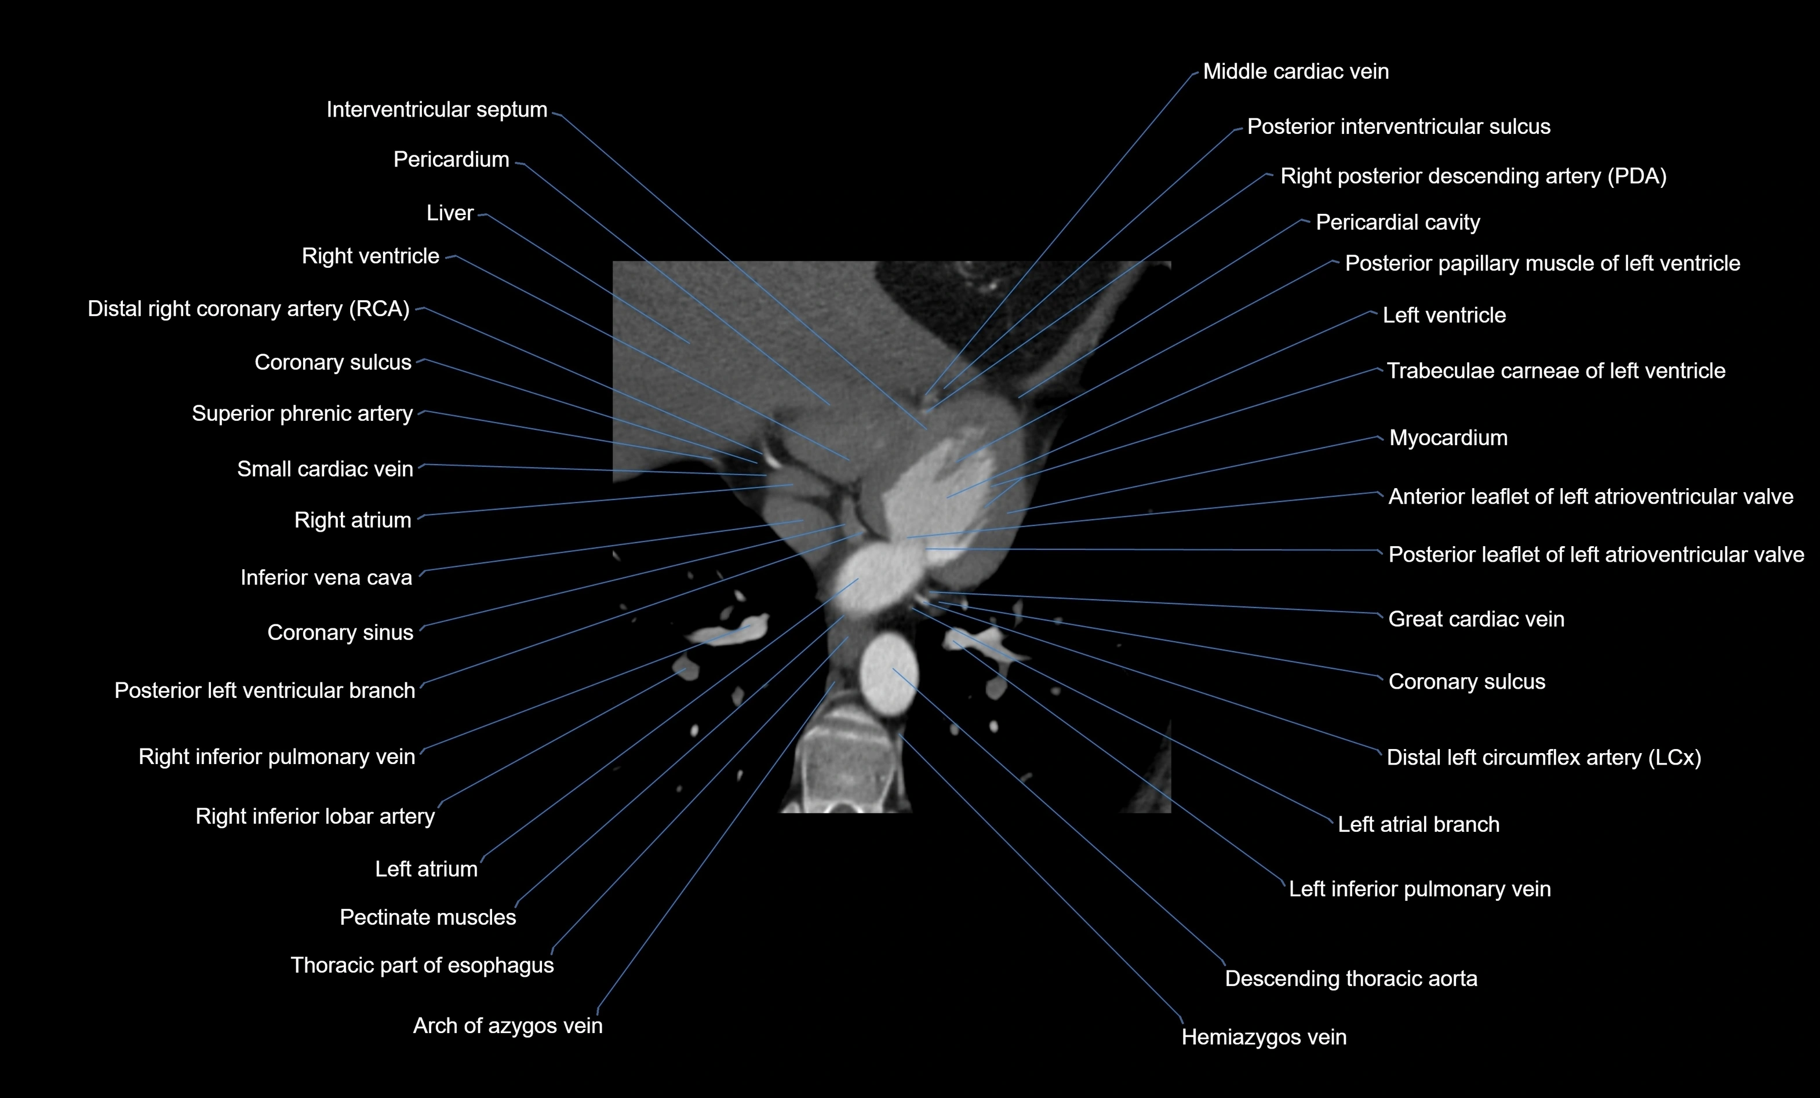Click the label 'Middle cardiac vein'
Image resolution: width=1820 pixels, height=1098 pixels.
tap(1295, 72)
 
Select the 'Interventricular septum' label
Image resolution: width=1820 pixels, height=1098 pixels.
tap(436, 110)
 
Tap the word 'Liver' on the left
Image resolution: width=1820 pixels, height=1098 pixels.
tap(449, 213)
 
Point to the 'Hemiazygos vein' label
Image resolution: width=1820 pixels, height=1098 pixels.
tap(1263, 1037)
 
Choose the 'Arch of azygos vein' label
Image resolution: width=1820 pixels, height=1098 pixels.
tap(507, 1026)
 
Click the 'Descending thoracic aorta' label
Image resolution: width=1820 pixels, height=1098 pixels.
tap(1351, 979)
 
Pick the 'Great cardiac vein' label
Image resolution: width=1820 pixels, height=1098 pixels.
tap(1476, 619)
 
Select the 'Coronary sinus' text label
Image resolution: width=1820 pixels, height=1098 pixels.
tap(340, 633)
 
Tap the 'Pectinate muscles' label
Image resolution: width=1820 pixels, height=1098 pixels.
tap(428, 918)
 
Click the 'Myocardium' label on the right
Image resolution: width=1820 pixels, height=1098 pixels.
tap(1448, 438)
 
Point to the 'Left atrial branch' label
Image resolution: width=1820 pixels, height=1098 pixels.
tap(1418, 824)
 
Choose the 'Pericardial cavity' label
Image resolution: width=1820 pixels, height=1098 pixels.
tap(1397, 223)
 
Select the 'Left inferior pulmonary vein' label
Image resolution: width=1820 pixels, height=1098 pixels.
tap(1419, 889)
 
